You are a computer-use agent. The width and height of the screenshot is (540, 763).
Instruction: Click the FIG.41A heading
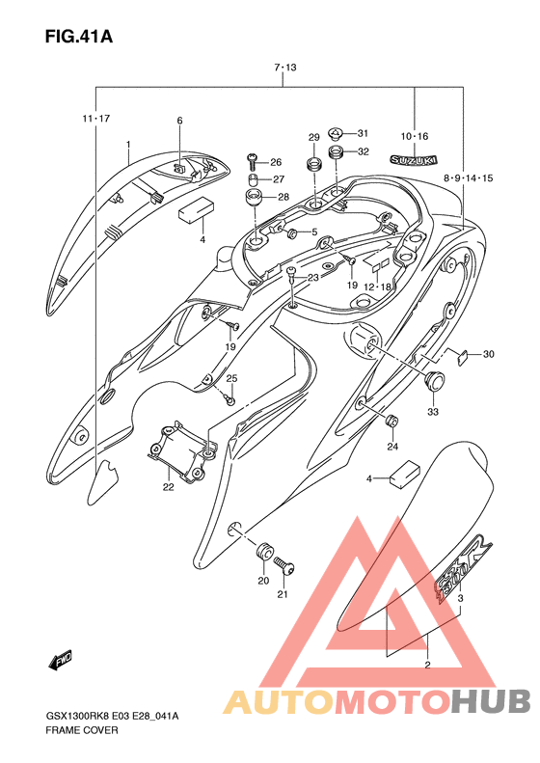pyautogui.click(x=79, y=37)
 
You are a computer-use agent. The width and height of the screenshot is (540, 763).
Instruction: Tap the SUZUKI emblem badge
pyautogui.click(x=414, y=159)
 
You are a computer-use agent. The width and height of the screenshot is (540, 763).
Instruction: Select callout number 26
pyautogui.click(x=276, y=162)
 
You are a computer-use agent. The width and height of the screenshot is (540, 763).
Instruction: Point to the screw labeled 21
pyautogui.click(x=284, y=566)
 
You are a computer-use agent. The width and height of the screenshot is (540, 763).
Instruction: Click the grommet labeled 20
pyautogui.click(x=263, y=552)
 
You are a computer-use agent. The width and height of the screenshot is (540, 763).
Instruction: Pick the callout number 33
pyautogui.click(x=433, y=412)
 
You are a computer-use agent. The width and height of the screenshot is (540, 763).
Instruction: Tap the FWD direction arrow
pyautogui.click(x=60, y=661)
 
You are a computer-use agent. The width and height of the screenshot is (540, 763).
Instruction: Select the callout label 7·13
pyautogui.click(x=285, y=68)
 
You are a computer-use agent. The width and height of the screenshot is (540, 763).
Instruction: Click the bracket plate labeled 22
pyautogui.click(x=181, y=448)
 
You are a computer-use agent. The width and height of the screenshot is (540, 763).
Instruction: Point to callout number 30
pyautogui.click(x=488, y=354)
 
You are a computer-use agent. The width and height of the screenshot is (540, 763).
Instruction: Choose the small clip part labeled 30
pyautogui.click(x=463, y=358)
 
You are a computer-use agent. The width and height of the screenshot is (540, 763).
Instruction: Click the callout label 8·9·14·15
pyautogui.click(x=468, y=178)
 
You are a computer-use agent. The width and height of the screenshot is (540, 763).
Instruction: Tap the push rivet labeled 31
pyautogui.click(x=336, y=133)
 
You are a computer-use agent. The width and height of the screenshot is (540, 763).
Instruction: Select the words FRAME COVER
pyautogui.click(x=82, y=730)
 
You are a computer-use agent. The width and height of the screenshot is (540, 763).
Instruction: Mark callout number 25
pyautogui.click(x=231, y=378)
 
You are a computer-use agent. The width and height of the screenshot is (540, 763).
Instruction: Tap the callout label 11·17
pyautogui.click(x=95, y=119)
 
